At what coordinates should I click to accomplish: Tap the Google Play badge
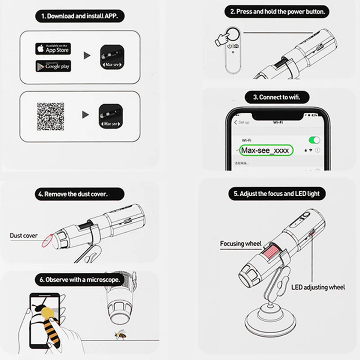point(53,66)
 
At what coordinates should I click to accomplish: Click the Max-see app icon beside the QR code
point(110,116)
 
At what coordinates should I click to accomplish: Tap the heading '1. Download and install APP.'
point(80,17)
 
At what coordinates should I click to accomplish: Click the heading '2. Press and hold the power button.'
point(277,12)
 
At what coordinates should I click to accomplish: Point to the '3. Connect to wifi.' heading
point(276,97)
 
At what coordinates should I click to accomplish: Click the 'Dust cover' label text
point(24,235)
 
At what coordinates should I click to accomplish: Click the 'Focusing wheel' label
point(240,244)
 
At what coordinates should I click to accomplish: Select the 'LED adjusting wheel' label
point(318,287)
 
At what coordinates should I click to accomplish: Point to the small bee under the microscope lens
point(121,335)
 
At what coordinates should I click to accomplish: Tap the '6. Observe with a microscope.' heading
point(80,279)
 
